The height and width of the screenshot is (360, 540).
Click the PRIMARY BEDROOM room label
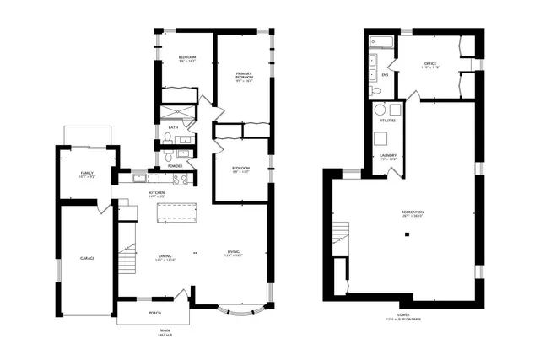(x=244, y=74)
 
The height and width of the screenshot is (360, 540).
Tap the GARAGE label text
(x=87, y=257)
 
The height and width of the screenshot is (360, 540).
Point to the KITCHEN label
(x=157, y=193)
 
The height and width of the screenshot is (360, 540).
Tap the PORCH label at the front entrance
(x=154, y=313)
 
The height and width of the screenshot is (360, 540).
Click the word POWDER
(x=175, y=166)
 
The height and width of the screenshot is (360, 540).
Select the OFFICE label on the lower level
(x=429, y=62)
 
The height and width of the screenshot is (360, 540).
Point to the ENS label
(x=385, y=75)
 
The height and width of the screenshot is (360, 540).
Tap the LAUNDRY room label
(x=388, y=155)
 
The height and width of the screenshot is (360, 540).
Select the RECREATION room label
(x=413, y=212)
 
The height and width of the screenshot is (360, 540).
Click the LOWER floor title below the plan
(x=403, y=314)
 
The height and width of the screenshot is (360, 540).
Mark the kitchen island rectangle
(x=175, y=212)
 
